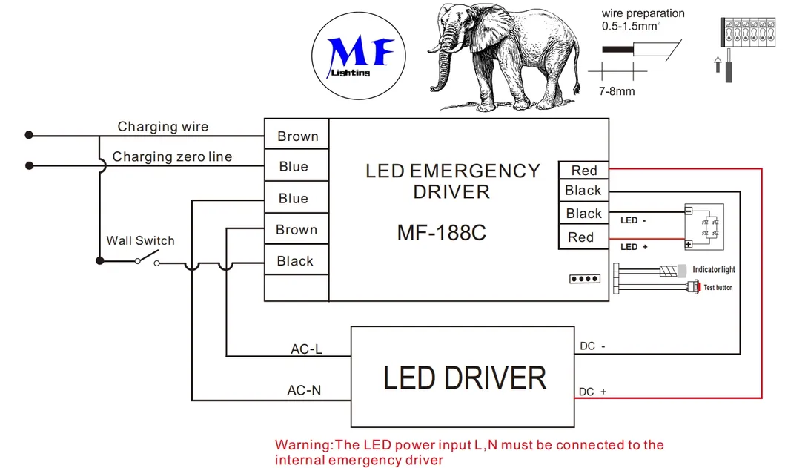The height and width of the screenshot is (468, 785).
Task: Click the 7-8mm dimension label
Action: click(617, 91)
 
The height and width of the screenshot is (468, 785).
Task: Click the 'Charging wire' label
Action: click(162, 127)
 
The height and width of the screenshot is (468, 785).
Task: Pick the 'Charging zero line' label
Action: click(172, 157)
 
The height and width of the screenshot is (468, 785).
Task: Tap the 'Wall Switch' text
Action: click(140, 240)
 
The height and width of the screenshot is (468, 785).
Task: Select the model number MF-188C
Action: click(441, 233)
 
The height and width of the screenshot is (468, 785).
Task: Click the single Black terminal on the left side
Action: click(295, 261)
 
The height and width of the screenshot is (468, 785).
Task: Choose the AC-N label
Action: click(304, 390)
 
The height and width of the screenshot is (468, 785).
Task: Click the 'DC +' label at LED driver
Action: click(593, 392)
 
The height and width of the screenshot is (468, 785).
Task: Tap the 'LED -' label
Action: click(629, 220)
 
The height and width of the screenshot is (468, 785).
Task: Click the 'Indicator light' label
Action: click(714, 270)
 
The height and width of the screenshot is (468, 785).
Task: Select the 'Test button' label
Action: click(718, 287)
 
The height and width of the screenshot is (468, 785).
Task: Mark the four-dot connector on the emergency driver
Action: click(583, 280)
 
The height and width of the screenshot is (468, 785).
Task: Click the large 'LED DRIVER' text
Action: click(464, 378)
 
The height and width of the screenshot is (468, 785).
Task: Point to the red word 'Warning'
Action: click(304, 445)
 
